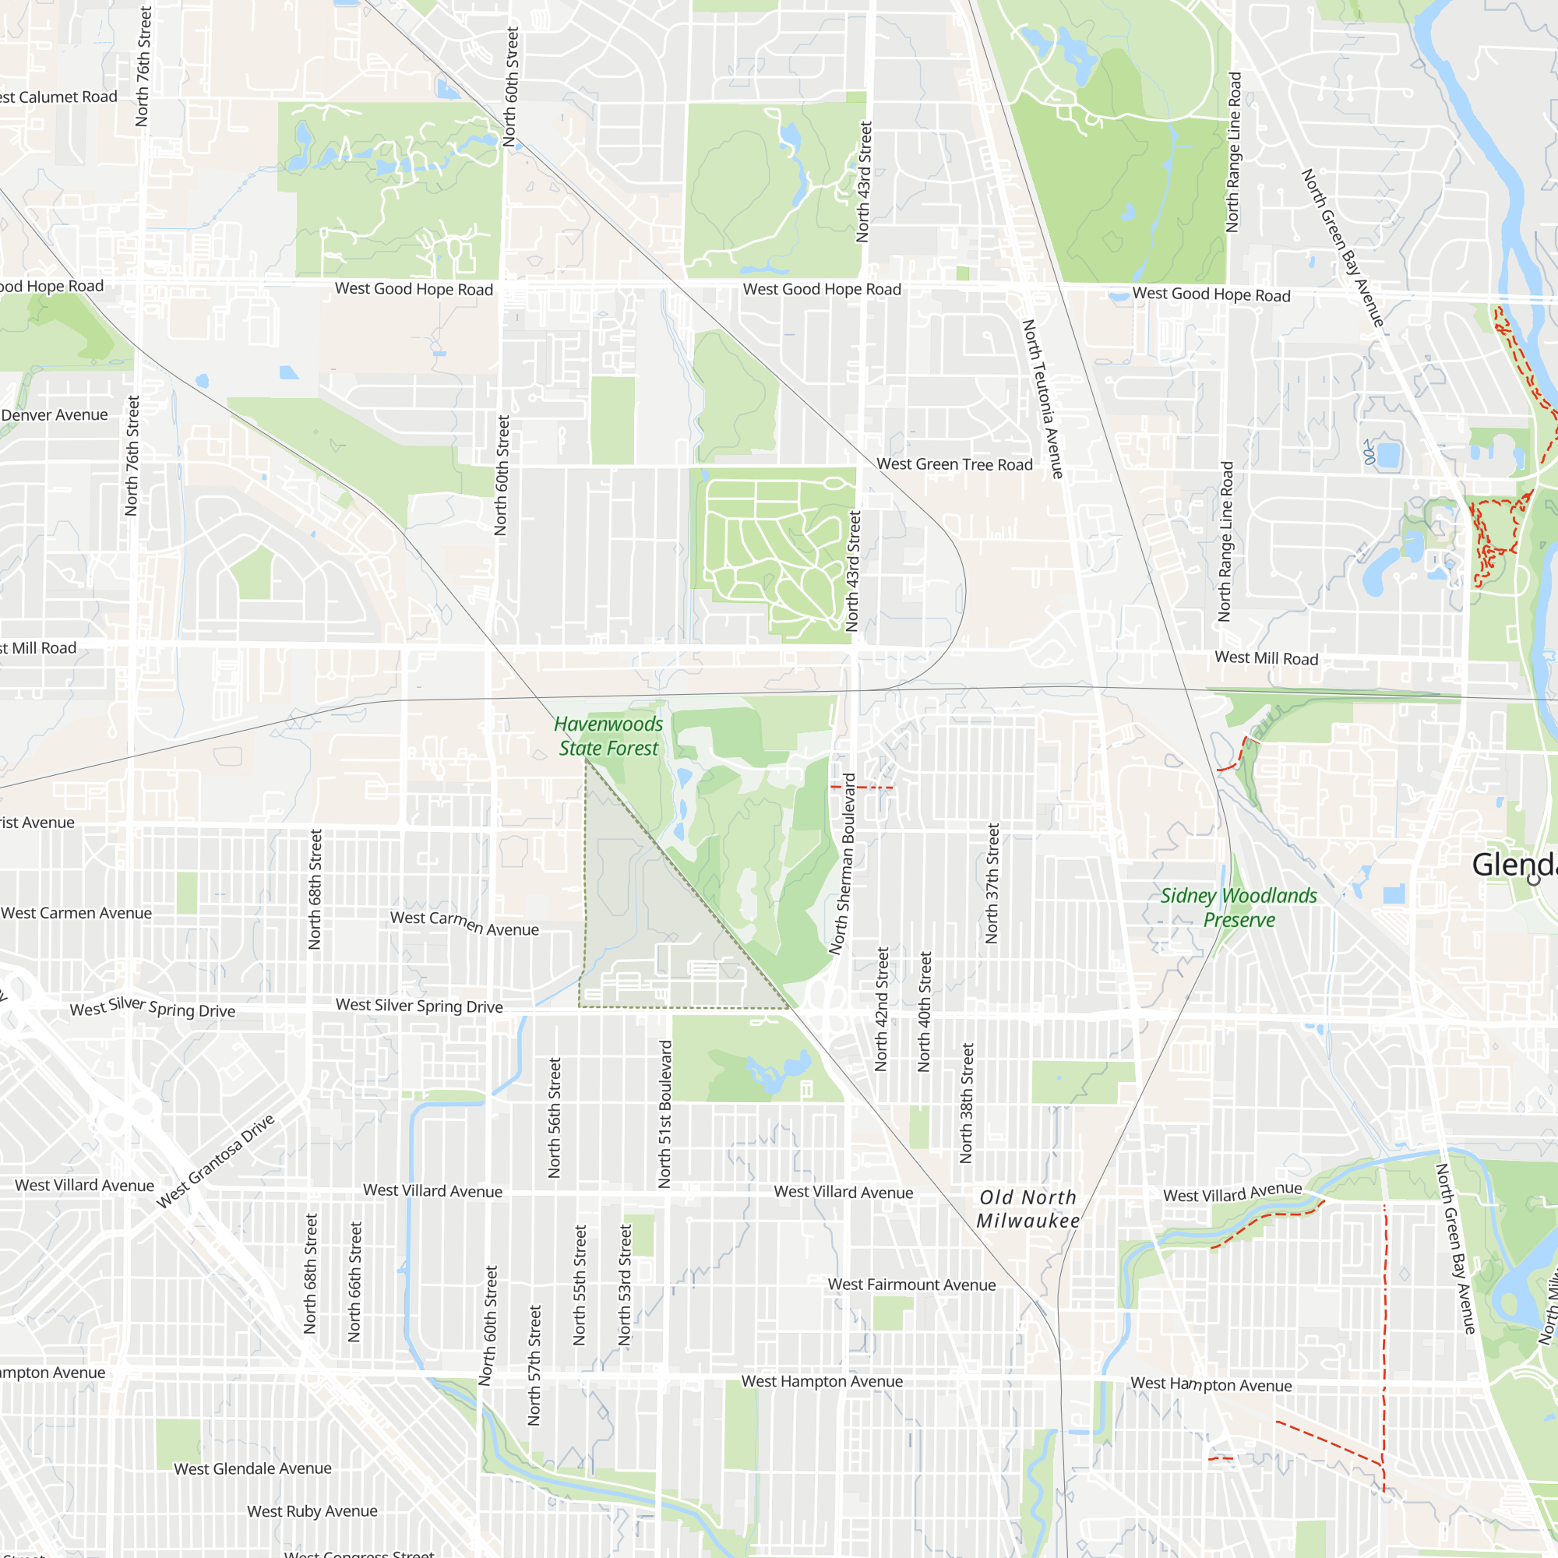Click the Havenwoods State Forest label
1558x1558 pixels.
[x=609, y=736]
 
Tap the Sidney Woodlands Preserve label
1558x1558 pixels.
[x=1239, y=908]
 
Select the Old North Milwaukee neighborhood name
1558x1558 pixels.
[x=1028, y=1209]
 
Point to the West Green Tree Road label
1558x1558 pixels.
[x=955, y=464]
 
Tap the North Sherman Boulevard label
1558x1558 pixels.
[x=843, y=864]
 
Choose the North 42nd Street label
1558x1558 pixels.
[x=883, y=1010]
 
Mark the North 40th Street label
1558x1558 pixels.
[x=925, y=1012]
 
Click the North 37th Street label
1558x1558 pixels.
[x=992, y=883]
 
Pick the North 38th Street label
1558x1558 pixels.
[x=968, y=1103]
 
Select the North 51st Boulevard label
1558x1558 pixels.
[x=664, y=1115]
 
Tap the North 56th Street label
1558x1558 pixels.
[x=555, y=1118]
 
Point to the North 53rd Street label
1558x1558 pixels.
[x=625, y=1285]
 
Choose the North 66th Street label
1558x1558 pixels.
[x=354, y=1282]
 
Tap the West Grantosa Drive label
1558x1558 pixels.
[x=215, y=1161]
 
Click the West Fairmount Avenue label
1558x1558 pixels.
[x=911, y=1285]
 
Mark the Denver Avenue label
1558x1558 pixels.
[x=54, y=415]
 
